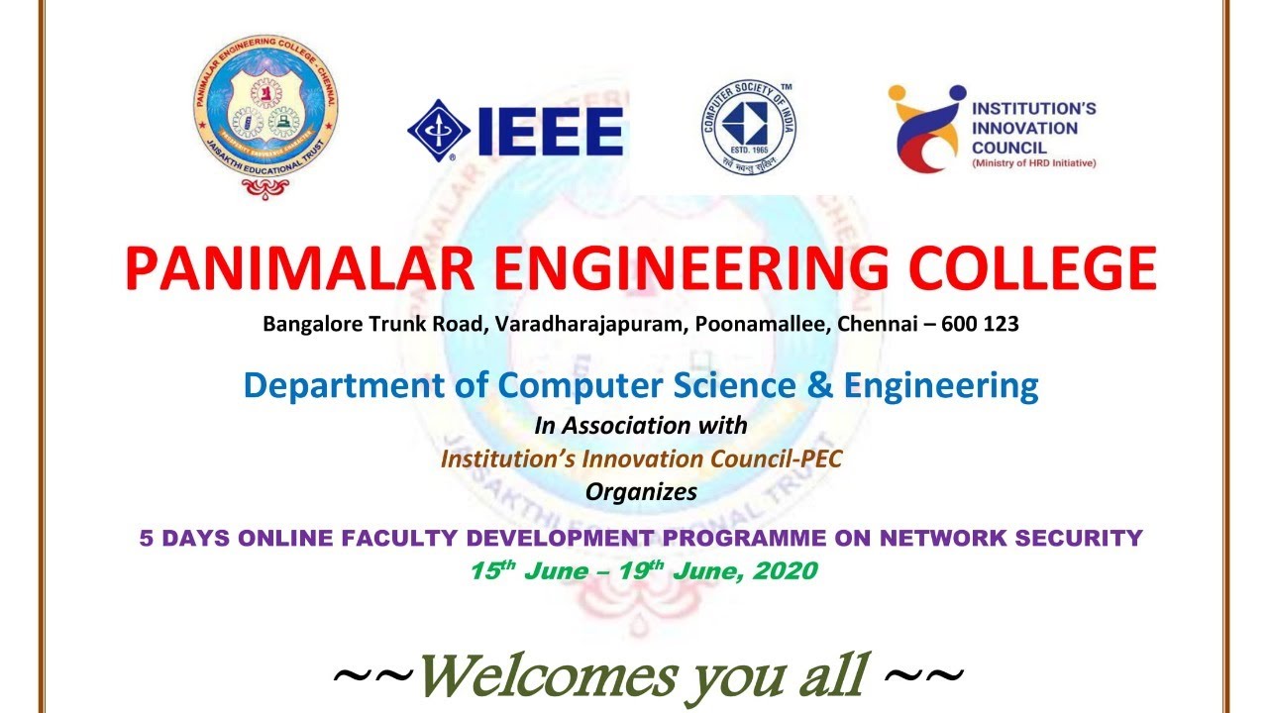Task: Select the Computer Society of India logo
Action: pyautogui.click(x=748, y=127)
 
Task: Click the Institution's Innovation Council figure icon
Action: pyautogui.click(x=926, y=129)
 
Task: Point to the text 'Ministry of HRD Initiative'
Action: pyautogui.click(x=1033, y=163)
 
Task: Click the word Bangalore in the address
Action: pyautogui.click(x=307, y=324)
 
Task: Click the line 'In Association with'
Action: pyautogui.click(x=640, y=426)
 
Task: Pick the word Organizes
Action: pyautogui.click(x=640, y=491)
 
